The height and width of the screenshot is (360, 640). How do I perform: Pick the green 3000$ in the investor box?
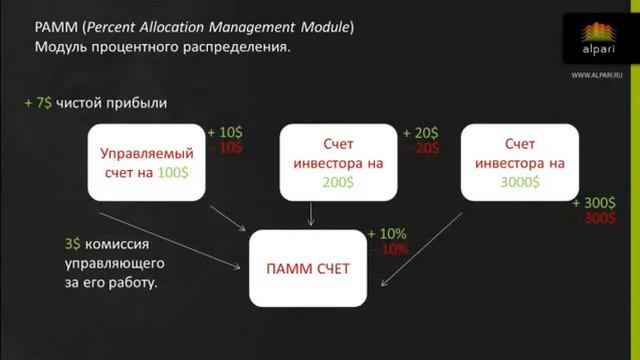(x=520, y=182)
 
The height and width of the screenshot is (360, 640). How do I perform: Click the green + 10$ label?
(x=225, y=132)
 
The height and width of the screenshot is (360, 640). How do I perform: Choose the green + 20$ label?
(x=421, y=132)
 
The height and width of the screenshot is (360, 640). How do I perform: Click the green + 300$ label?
(x=594, y=203)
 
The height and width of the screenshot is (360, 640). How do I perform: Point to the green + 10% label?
(x=387, y=233)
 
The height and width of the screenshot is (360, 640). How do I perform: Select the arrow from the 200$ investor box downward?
(x=312, y=213)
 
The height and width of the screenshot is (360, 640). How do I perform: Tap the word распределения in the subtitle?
(x=238, y=46)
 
